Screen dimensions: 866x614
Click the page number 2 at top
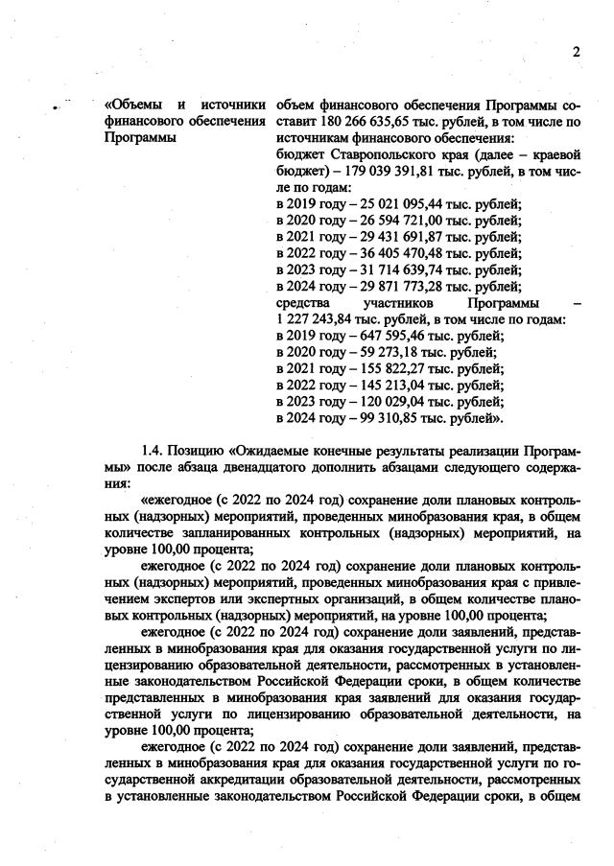[x=577, y=52]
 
